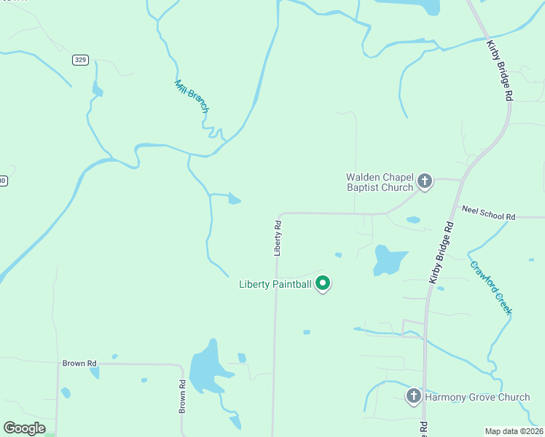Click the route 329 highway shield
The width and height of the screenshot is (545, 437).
pyautogui.click(x=80, y=60)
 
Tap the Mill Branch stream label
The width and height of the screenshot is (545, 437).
pyautogui.click(x=192, y=96)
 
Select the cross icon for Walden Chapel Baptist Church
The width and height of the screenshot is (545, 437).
pyautogui.click(x=425, y=181)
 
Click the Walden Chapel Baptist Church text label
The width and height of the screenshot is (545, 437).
pyautogui.click(x=379, y=182)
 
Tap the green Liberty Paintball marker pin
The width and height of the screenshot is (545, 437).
pyautogui.click(x=323, y=283)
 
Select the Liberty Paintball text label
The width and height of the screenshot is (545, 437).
pyautogui.click(x=275, y=284)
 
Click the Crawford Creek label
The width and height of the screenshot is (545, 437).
pyautogui.click(x=491, y=288)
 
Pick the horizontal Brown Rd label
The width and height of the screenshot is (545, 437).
pyautogui.click(x=79, y=363)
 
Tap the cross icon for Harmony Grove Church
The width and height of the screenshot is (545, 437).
pyautogui.click(x=413, y=396)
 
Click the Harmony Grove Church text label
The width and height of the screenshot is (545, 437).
pyautogui.click(x=477, y=397)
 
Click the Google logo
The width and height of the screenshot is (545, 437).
pyautogui.click(x=24, y=428)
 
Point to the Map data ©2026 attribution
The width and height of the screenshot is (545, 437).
pyautogui.click(x=514, y=431)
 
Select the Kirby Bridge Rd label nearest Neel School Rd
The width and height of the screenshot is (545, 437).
pyautogui.click(x=442, y=252)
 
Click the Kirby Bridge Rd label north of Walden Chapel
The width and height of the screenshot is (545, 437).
pyautogui.click(x=500, y=71)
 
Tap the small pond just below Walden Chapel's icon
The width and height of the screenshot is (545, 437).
pyautogui.click(x=413, y=219)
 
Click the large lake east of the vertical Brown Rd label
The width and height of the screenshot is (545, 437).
pyautogui.click(x=207, y=366)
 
